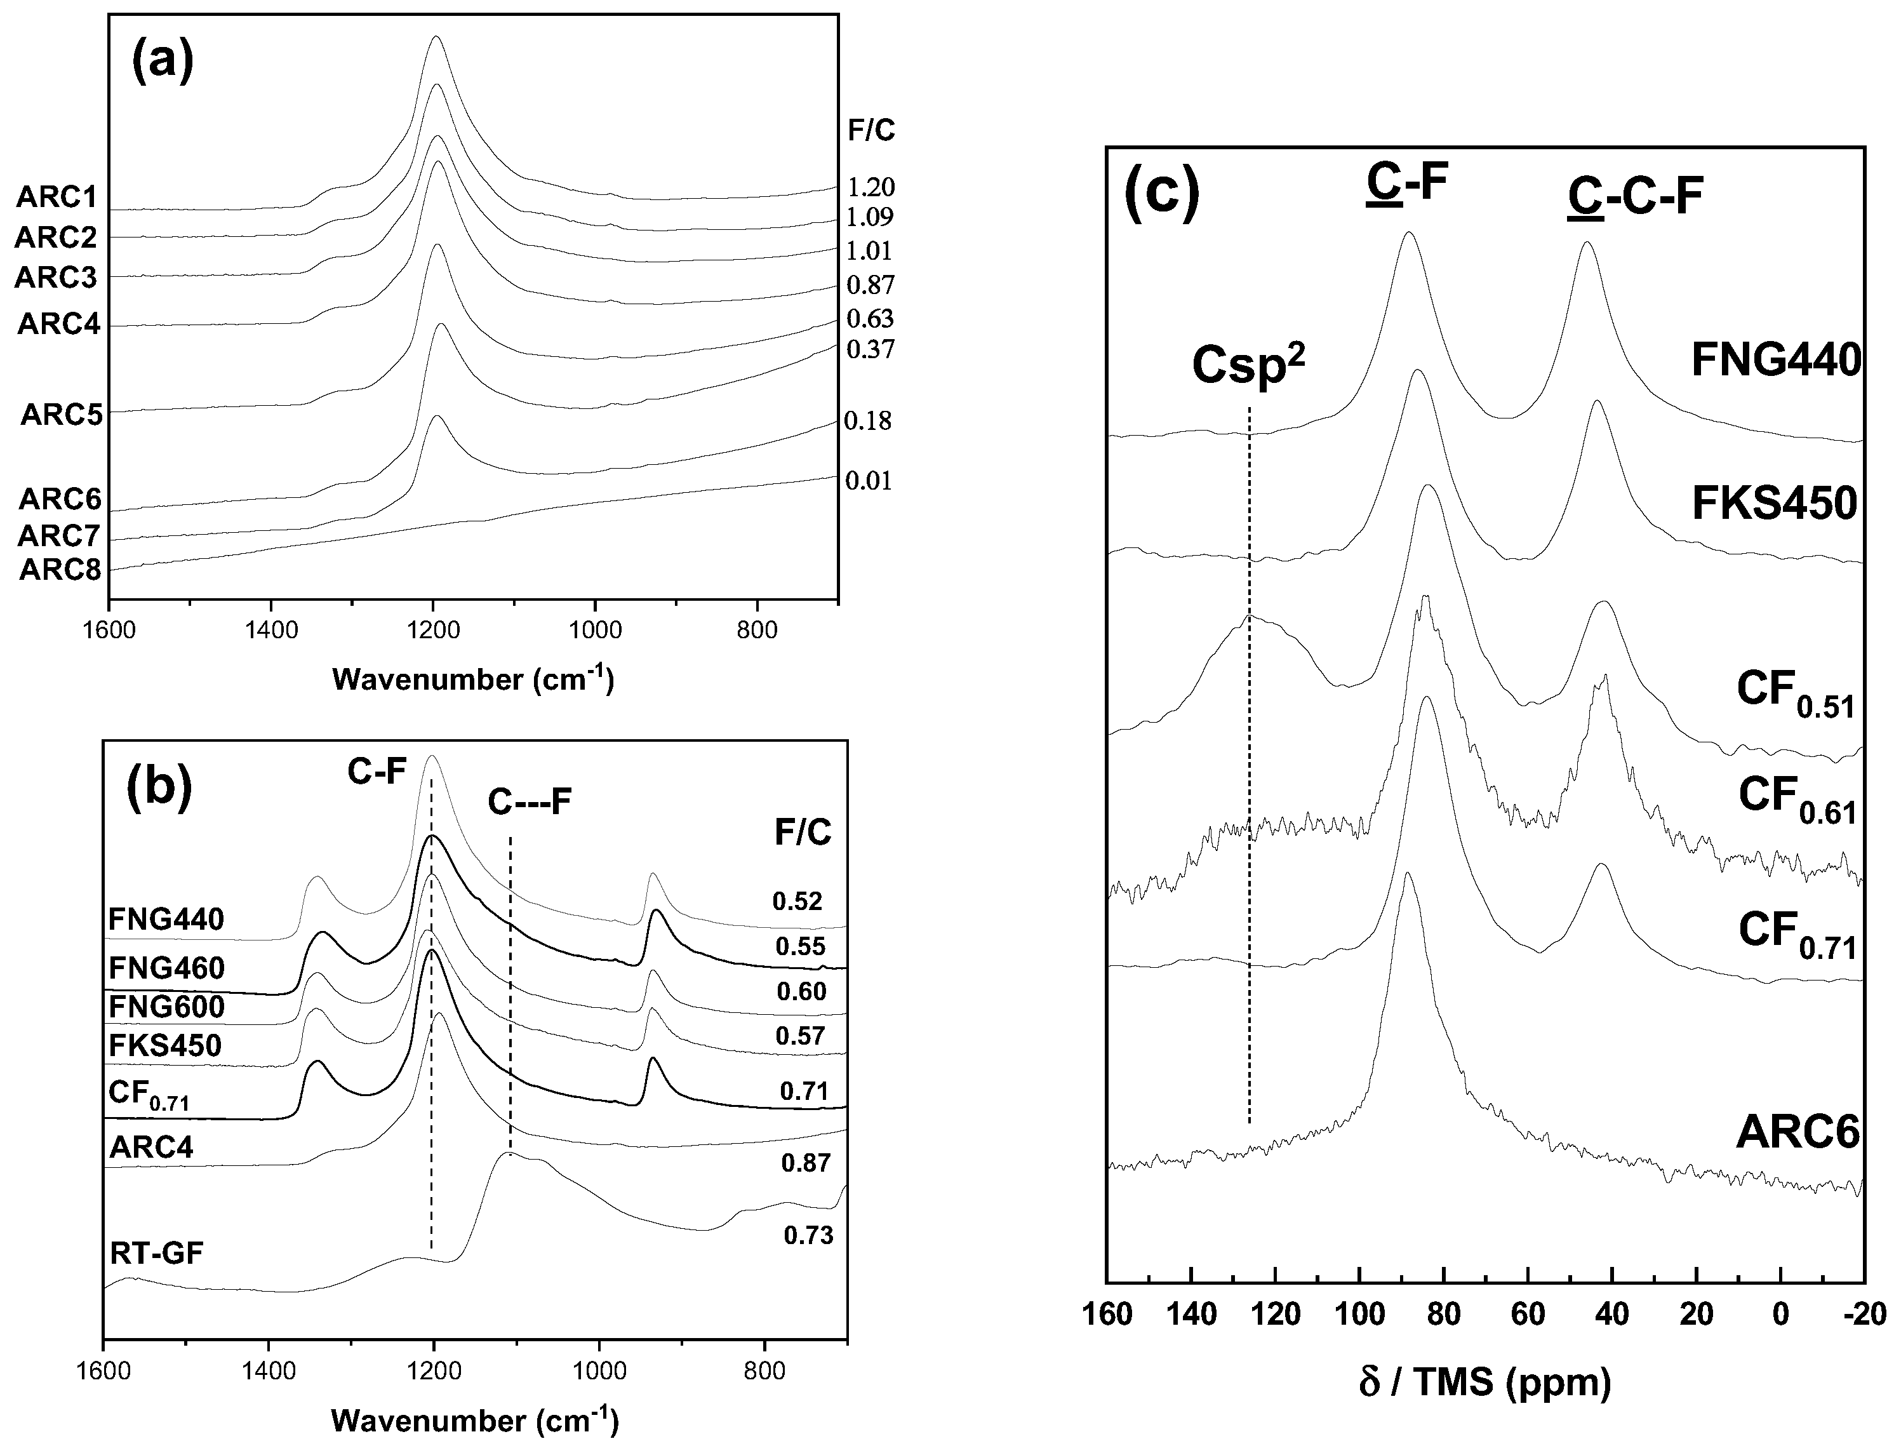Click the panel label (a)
pos(163,62)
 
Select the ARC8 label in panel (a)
pos(60,571)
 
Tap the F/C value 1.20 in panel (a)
pos(870,187)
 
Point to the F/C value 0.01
pos(868,481)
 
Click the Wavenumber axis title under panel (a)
pos(473,679)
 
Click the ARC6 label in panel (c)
pos(1796,1133)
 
